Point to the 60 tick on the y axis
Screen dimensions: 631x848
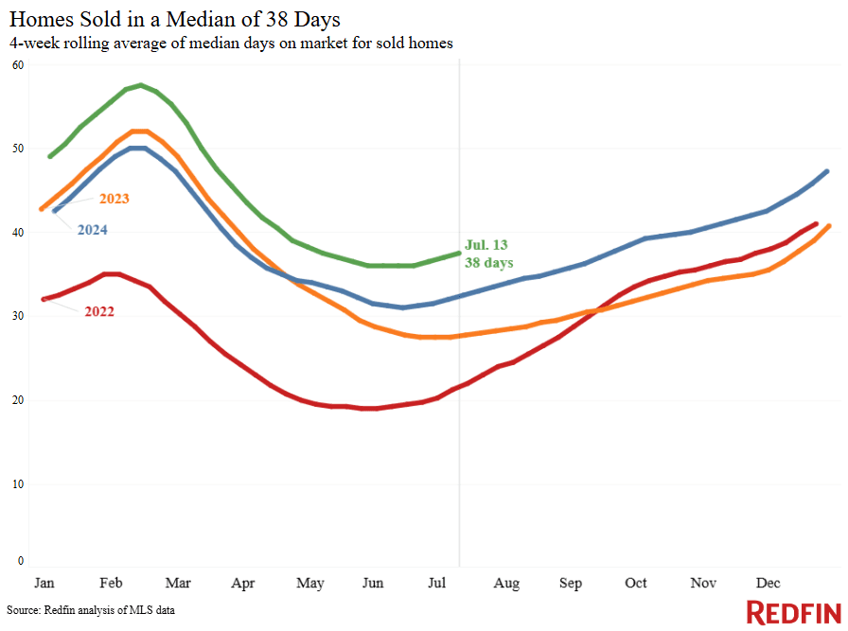[x=18, y=64]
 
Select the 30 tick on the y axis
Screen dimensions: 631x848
[x=18, y=316]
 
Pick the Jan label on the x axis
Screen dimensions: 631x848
[x=44, y=583]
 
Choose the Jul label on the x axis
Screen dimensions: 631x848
[x=436, y=583]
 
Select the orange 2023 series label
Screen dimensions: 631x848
[x=113, y=199]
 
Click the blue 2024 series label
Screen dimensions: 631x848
[x=92, y=230]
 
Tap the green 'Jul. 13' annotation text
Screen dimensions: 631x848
[x=487, y=244]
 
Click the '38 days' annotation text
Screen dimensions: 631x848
[x=488, y=262]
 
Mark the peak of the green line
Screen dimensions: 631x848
[x=140, y=85]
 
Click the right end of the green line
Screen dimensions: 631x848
[x=459, y=253]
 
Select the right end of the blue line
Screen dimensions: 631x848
[x=828, y=171]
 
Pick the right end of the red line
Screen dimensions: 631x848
[x=816, y=223]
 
